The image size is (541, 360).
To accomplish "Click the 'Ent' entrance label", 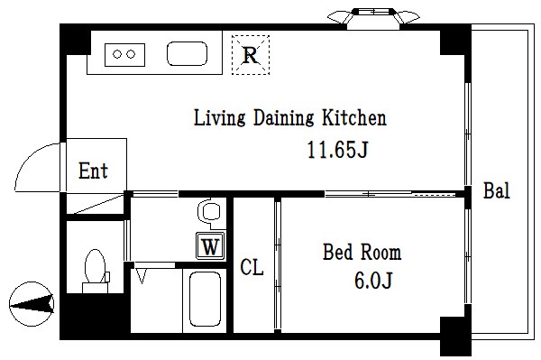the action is (x=93, y=171).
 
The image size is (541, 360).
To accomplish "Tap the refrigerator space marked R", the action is (x=251, y=55).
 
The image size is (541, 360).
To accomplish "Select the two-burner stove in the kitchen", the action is (x=125, y=54).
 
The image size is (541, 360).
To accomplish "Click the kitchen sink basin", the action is (x=187, y=54).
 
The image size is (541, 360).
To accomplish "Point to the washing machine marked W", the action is (x=210, y=245).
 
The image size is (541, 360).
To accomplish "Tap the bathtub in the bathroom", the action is (x=205, y=299).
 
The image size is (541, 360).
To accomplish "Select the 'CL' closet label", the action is (x=252, y=267).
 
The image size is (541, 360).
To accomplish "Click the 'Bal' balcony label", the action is (x=497, y=190).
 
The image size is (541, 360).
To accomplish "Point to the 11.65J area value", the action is (x=338, y=150).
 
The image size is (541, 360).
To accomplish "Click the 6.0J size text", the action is (x=373, y=280).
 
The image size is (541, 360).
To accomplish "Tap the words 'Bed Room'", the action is (x=362, y=252).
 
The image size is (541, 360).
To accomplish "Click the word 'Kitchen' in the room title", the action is (x=354, y=117).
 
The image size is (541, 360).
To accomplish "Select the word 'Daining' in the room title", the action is (x=284, y=118).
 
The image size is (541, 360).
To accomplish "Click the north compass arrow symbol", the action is (x=32, y=304).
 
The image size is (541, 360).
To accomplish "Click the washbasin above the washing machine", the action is (x=209, y=213).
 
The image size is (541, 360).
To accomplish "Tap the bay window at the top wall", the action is (x=373, y=16).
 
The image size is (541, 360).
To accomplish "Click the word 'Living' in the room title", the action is (x=219, y=118).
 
